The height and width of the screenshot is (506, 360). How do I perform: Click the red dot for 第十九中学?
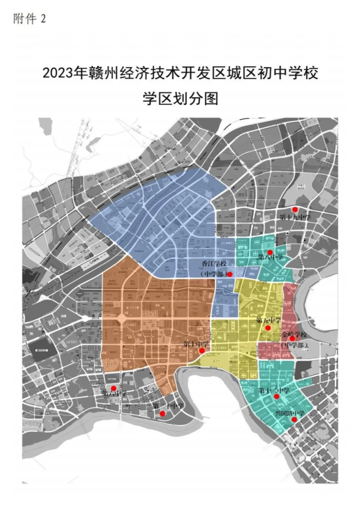coord(294,210)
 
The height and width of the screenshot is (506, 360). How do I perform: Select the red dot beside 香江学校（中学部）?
coord(230,274)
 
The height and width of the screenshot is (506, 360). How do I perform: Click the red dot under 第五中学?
coord(268,328)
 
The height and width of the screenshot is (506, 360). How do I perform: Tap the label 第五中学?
coord(269,320)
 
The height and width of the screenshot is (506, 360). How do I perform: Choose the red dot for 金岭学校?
coord(292,339)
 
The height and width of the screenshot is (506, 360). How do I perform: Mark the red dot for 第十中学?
coord(202,351)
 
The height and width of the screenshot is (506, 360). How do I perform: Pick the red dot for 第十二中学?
coord(276,397)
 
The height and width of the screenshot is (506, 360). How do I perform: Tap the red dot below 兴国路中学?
coord(294,420)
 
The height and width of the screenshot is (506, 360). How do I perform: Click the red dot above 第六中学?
coord(114,388)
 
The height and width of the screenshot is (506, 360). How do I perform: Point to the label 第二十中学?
coord(168,406)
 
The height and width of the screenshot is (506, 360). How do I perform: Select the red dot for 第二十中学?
coord(162,413)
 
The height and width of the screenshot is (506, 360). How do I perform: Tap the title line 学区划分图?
coord(180,99)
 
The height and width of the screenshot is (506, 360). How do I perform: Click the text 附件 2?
coord(29,19)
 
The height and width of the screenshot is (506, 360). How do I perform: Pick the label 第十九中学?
coord(295,217)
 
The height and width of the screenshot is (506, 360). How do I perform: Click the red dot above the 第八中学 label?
coord(270,252)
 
